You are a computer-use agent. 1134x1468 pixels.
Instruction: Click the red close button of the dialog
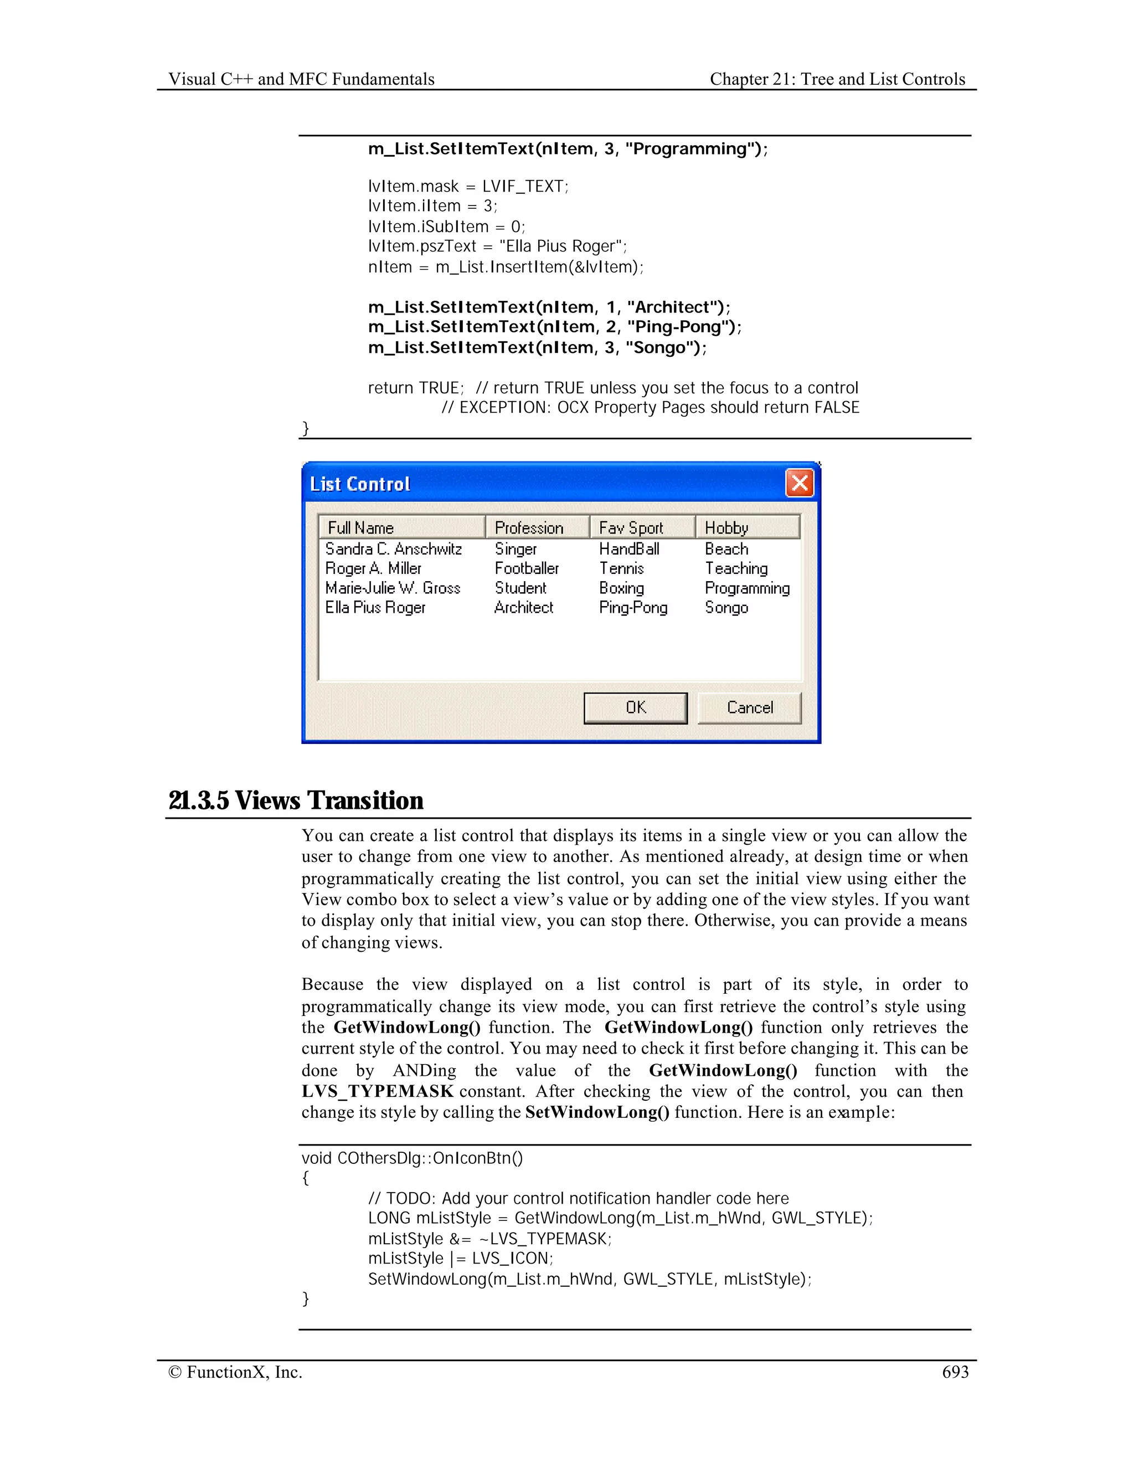(x=800, y=483)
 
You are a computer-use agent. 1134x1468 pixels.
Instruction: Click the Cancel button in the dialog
(x=749, y=708)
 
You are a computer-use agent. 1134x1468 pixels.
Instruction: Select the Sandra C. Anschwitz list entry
(x=393, y=549)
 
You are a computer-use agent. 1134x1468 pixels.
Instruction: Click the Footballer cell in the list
(x=527, y=569)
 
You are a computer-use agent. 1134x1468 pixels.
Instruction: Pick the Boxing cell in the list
(x=621, y=588)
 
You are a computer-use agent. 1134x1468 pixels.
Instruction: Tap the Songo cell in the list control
(x=726, y=608)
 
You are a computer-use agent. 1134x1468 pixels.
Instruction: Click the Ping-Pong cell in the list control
(x=633, y=608)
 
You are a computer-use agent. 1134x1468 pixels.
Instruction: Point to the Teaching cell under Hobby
(x=736, y=569)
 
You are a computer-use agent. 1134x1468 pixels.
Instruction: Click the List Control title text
(x=360, y=484)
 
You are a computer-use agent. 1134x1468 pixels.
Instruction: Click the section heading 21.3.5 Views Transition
(x=296, y=800)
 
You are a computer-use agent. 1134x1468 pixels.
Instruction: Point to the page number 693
(x=955, y=1372)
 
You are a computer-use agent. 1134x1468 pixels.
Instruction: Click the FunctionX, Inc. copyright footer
(x=236, y=1372)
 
